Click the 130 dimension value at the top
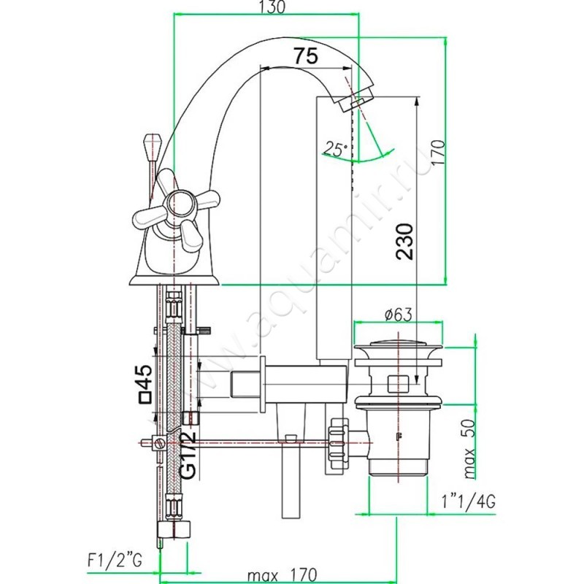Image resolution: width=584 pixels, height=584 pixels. (272, 7)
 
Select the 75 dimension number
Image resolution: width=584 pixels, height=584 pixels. (306, 56)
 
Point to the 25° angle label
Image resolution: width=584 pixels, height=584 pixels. (335, 149)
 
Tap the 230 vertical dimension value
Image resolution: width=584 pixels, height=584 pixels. (405, 242)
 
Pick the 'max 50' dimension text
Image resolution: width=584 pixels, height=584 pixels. (469, 448)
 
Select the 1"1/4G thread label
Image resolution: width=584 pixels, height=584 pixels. (469, 502)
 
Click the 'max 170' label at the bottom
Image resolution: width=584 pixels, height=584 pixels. (283, 574)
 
